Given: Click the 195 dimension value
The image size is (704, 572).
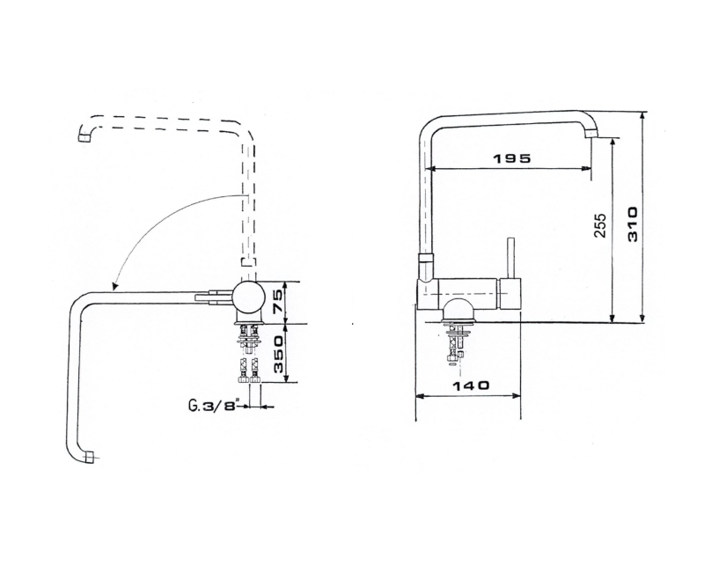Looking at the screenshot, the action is (512, 158).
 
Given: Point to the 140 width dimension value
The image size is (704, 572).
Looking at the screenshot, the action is (470, 385).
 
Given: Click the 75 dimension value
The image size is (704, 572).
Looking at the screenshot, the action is (277, 301).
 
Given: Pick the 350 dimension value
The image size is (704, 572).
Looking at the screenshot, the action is (277, 355).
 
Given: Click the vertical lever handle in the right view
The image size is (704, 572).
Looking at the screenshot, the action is (510, 258).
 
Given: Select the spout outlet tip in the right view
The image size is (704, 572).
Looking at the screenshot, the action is (591, 133).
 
